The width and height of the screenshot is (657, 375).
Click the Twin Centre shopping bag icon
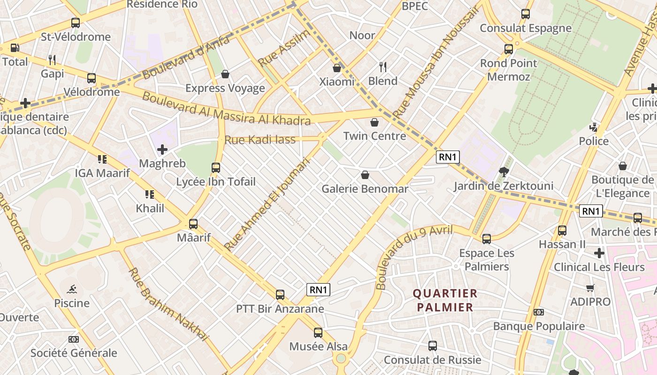374,123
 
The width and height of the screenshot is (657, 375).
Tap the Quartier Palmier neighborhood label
445,300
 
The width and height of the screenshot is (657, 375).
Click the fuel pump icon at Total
15,47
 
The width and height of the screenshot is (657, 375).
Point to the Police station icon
594,127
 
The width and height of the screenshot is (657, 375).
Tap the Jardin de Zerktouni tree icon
504,172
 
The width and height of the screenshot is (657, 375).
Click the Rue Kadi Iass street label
260,140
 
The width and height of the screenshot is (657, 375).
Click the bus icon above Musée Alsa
318,333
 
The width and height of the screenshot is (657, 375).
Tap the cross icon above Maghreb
162,150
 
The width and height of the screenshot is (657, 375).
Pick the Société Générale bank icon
74,339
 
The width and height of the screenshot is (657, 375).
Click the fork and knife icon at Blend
383,67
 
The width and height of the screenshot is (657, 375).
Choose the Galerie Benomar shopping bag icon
365,175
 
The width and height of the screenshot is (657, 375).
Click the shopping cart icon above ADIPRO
590,288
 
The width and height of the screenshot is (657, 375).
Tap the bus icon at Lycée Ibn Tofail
216,167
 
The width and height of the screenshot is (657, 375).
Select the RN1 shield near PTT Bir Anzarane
318,290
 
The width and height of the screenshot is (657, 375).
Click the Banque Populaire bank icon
539,312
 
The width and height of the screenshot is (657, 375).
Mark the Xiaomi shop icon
337,68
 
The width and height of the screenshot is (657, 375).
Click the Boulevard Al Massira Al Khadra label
226,109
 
